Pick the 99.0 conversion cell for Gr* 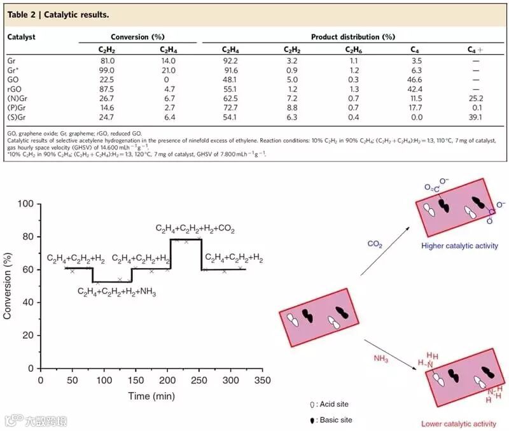point(107,70)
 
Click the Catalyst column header point(21,38)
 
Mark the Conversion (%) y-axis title point(8,286)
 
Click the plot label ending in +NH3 point(117,292)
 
